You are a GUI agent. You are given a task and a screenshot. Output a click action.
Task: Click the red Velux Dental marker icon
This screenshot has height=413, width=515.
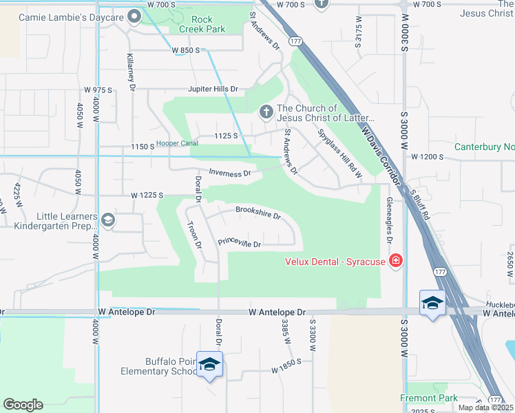(396, 260)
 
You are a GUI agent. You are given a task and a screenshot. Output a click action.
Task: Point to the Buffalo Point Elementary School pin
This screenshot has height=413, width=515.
(210, 365)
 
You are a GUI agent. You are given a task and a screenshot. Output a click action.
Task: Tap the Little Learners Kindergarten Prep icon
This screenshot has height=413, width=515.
(107, 220)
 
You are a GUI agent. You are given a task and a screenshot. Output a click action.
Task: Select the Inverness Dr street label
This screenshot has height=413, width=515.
(230, 173)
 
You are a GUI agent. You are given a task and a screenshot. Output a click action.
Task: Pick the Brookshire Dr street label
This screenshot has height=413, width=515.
(258, 212)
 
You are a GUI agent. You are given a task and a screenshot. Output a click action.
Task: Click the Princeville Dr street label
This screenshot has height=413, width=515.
(240, 243)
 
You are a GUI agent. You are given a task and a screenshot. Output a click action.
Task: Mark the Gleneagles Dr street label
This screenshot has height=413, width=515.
(390, 216)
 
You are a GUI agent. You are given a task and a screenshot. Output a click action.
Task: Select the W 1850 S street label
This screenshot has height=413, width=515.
(287, 369)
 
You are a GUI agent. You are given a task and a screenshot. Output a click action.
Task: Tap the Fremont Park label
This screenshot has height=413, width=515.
(429, 398)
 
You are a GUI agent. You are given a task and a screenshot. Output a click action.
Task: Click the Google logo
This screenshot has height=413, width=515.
(23, 405)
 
